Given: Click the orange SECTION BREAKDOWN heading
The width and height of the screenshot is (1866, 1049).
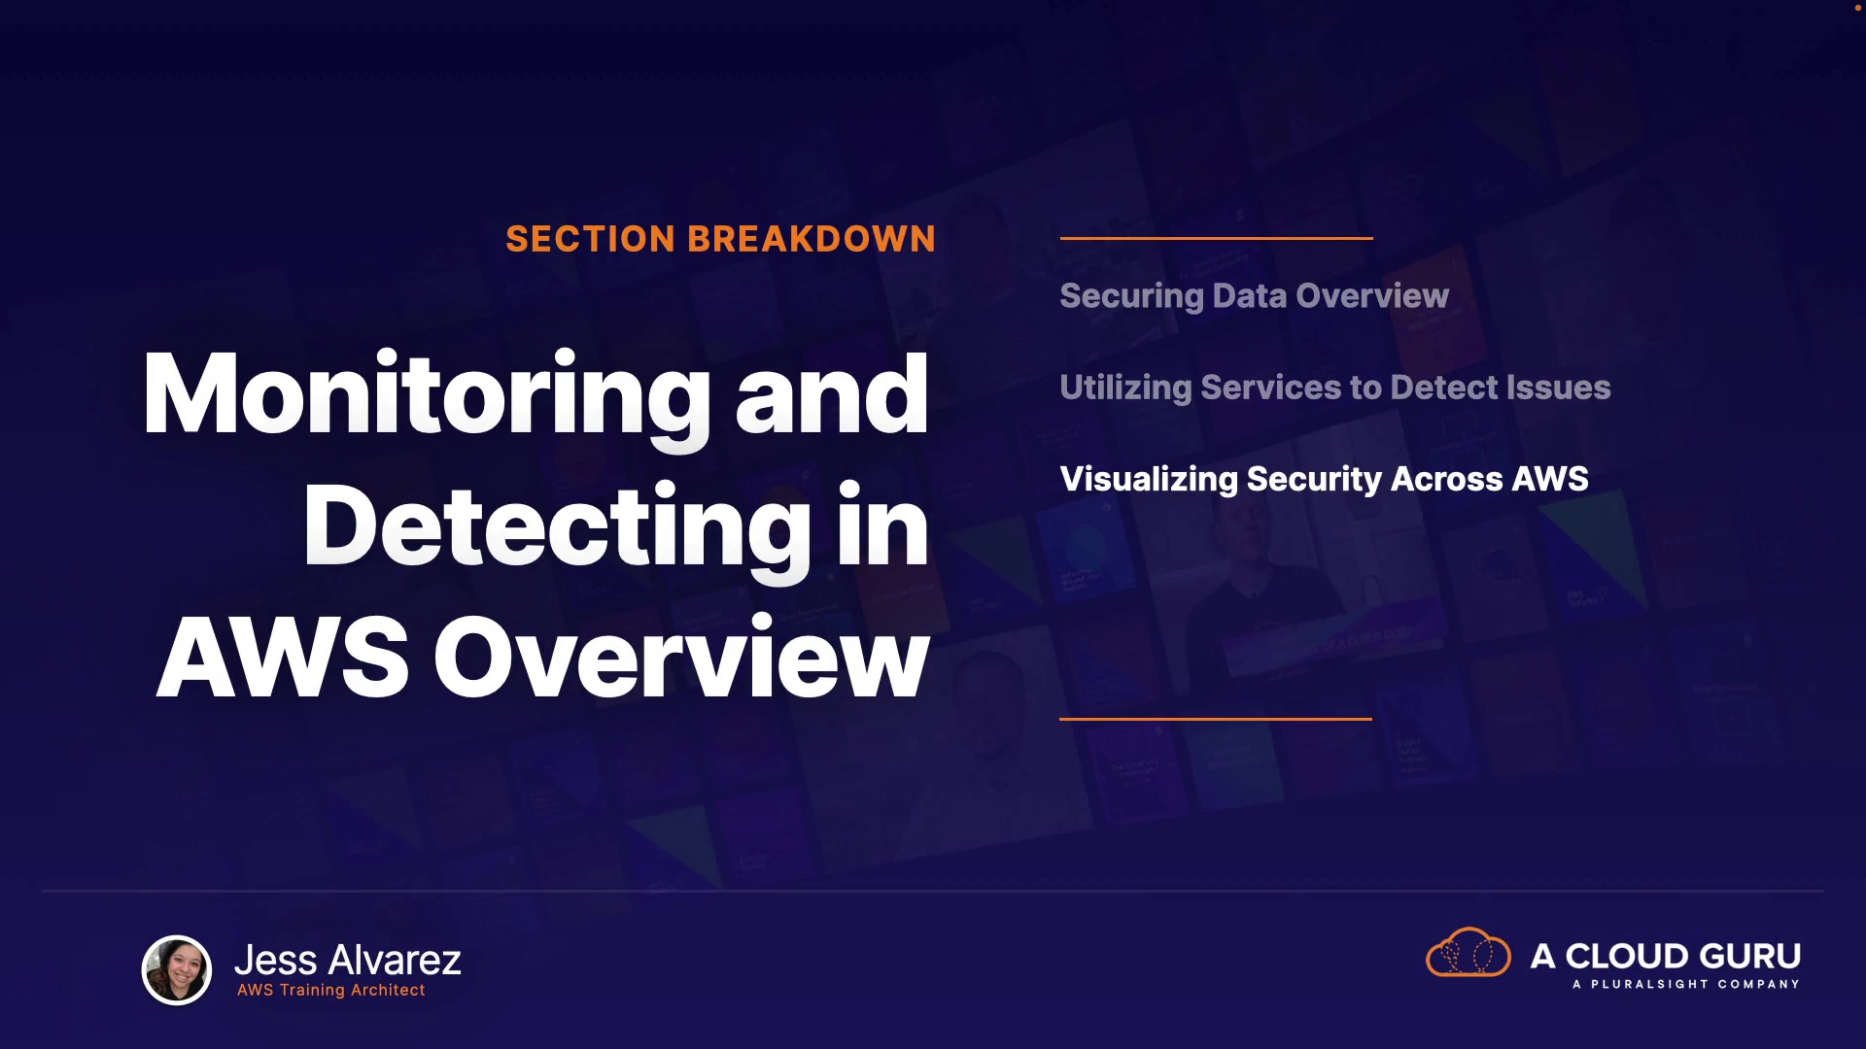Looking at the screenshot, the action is pyautogui.click(x=720, y=239).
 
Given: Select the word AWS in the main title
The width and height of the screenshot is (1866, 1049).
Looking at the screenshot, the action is pyautogui.click(x=283, y=658).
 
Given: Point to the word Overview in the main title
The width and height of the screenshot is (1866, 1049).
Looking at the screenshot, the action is pyautogui.click(x=681, y=658).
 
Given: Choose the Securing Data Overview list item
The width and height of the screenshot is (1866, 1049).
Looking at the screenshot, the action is pyautogui.click(x=1254, y=296).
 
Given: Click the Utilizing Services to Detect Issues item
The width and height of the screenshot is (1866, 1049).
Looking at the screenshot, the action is pyautogui.click(x=1335, y=388).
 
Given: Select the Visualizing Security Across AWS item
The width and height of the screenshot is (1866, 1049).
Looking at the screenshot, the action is pyautogui.click(x=1324, y=479).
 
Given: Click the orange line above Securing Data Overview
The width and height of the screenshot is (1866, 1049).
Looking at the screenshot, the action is pyautogui.click(x=1216, y=237).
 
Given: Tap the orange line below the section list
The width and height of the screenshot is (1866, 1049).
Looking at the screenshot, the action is pyautogui.click(x=1216, y=719).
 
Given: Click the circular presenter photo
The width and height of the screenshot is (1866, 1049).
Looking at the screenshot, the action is pyautogui.click(x=177, y=969).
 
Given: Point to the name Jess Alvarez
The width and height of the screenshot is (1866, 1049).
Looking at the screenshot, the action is pyautogui.click(x=348, y=960).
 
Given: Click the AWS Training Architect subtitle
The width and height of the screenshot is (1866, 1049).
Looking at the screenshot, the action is pyautogui.click(x=331, y=990).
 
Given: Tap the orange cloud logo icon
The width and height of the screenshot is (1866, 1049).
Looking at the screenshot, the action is pyautogui.click(x=1468, y=952).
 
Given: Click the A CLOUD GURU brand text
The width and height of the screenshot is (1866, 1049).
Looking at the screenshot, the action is pyautogui.click(x=1666, y=956).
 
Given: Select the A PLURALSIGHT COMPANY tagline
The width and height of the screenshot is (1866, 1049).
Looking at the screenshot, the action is pyautogui.click(x=1686, y=984).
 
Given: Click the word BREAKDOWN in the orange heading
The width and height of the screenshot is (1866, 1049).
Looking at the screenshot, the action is pyautogui.click(x=812, y=239).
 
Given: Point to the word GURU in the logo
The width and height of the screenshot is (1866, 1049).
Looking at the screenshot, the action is pyautogui.click(x=1745, y=956).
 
